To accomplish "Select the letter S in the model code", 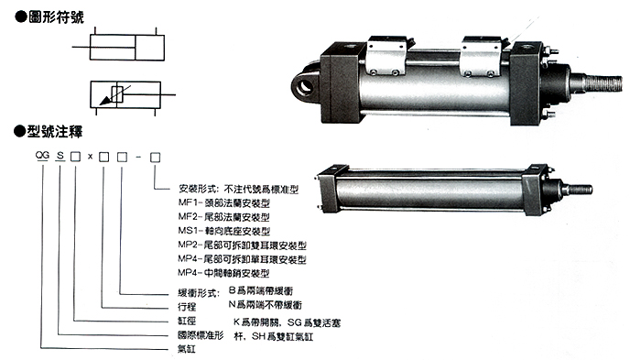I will point(61,158).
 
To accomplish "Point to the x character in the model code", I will point(90,158).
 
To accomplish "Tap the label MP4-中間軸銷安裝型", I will point(224,273).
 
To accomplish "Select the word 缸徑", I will point(188,322).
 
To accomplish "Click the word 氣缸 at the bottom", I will point(188,350).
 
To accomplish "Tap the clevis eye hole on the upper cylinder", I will point(303,85).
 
